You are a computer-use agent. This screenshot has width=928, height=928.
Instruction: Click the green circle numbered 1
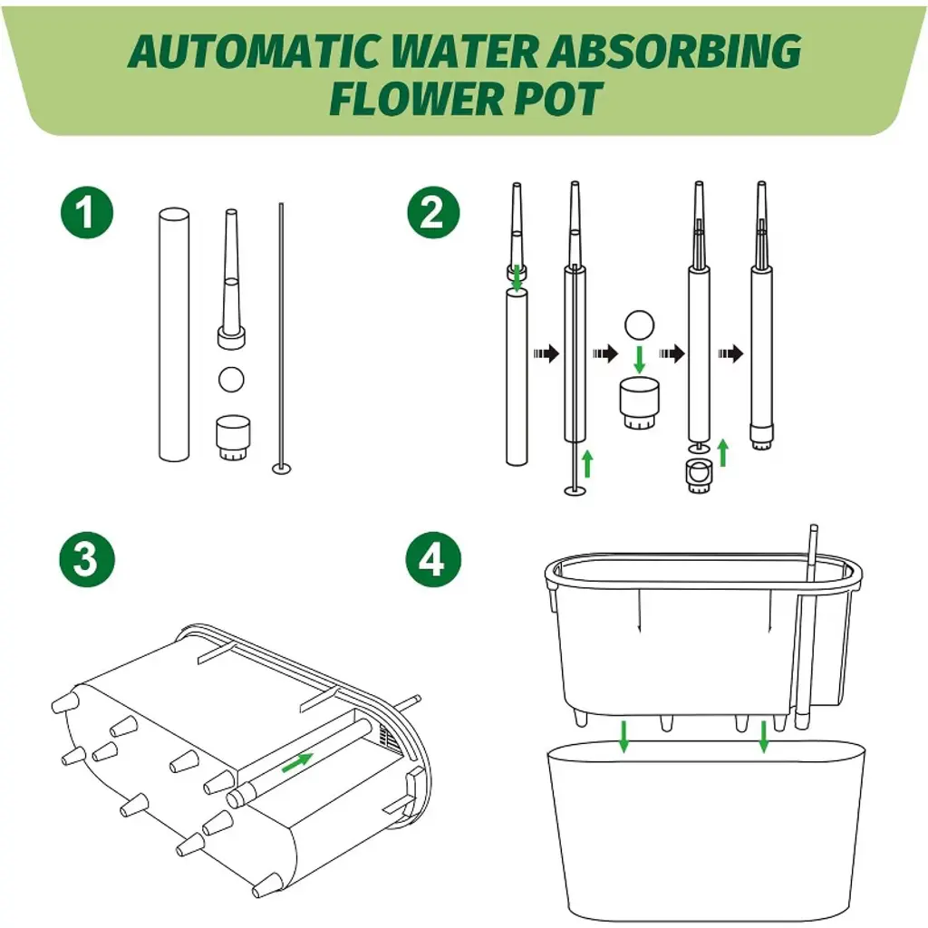87,213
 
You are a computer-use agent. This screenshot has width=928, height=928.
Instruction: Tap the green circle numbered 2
433,213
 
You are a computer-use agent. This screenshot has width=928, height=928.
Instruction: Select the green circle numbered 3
87,559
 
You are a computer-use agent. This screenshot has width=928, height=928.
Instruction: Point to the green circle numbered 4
433,559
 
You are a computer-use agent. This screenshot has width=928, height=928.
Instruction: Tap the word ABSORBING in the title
673,52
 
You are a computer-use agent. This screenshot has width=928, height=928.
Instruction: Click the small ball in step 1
231,380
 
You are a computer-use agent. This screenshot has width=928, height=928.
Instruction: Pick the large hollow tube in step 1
174,334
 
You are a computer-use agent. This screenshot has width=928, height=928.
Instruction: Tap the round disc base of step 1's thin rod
282,469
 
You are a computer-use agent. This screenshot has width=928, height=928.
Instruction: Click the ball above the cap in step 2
639,325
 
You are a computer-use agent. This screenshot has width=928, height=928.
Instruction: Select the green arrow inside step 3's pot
297,763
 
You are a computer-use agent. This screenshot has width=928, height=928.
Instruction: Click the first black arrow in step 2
546,353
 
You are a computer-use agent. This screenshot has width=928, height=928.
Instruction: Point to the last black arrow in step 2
731,353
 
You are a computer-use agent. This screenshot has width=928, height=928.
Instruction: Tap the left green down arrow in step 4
623,737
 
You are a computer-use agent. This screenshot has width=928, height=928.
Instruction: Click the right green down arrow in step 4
763,737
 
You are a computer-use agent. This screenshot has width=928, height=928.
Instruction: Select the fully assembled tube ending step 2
761,316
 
